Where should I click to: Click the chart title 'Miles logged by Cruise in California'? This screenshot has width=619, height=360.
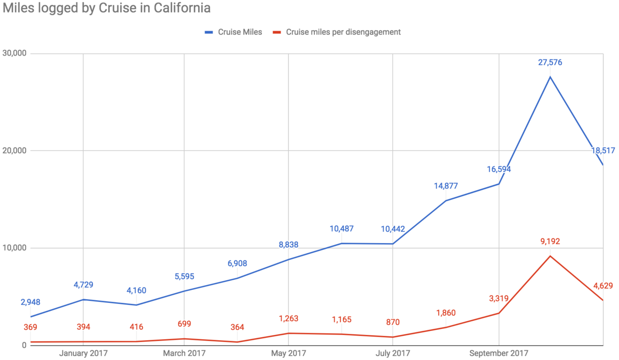coord(106,8)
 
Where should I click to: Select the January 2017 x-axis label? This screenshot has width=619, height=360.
coord(83,353)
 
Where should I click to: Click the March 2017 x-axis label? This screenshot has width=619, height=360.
coord(184,353)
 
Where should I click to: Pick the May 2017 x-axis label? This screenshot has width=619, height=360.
coord(288,353)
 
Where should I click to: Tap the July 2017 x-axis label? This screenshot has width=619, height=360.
coord(392,353)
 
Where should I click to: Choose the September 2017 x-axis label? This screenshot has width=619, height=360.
coord(499,353)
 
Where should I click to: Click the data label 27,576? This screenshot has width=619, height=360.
coord(550,62)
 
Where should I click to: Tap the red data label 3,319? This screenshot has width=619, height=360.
coord(499,298)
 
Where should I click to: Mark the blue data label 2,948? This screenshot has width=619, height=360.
coord(30,302)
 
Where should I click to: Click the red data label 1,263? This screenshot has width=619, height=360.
coord(288,318)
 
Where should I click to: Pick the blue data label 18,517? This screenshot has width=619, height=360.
coord(603,151)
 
